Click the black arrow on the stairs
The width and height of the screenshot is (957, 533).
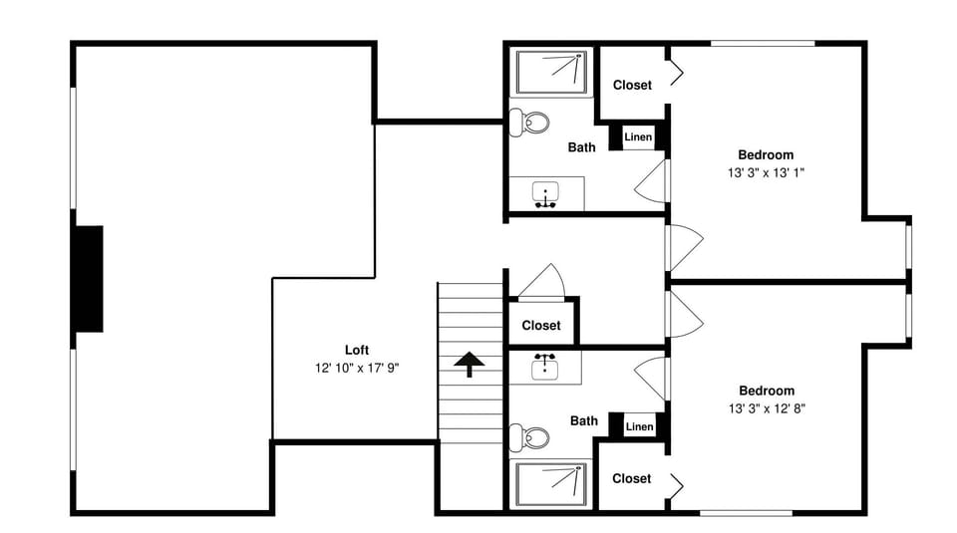tap(466, 364)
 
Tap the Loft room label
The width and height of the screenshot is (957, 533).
tap(357, 350)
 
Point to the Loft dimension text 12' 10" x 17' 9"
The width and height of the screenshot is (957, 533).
tap(357, 368)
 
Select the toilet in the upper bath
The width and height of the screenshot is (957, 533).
tap(530, 124)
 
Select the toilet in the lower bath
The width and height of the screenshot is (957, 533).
tap(530, 436)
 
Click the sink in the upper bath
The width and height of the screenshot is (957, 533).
tap(545, 194)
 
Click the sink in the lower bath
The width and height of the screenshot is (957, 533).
tap(545, 366)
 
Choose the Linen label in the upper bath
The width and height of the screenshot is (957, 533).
tap(638, 136)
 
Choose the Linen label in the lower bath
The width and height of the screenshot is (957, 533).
tap(639, 426)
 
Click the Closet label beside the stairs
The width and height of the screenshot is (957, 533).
tap(541, 326)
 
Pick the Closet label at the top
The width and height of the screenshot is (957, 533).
tap(632, 85)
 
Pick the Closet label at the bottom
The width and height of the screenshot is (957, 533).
tap(631, 478)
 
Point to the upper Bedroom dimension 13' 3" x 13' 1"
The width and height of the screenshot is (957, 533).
tap(766, 172)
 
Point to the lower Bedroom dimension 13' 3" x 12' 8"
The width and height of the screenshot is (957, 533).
tap(766, 408)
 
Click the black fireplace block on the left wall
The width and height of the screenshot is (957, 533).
tap(87, 279)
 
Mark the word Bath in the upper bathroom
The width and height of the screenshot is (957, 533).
tap(582, 147)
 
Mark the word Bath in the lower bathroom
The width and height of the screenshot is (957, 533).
tap(584, 420)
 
